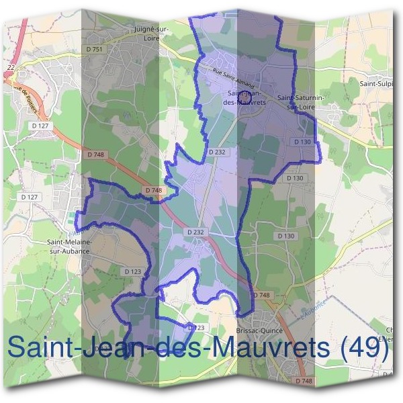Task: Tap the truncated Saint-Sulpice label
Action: tap(377, 84)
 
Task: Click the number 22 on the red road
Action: tap(11, 68)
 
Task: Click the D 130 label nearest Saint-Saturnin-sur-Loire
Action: tap(302, 142)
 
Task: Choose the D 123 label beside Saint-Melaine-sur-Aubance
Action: tap(132, 271)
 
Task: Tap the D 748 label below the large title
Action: tap(304, 381)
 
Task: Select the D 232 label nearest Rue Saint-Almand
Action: tap(217, 152)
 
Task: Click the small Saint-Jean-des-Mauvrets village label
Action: tap(247, 98)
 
